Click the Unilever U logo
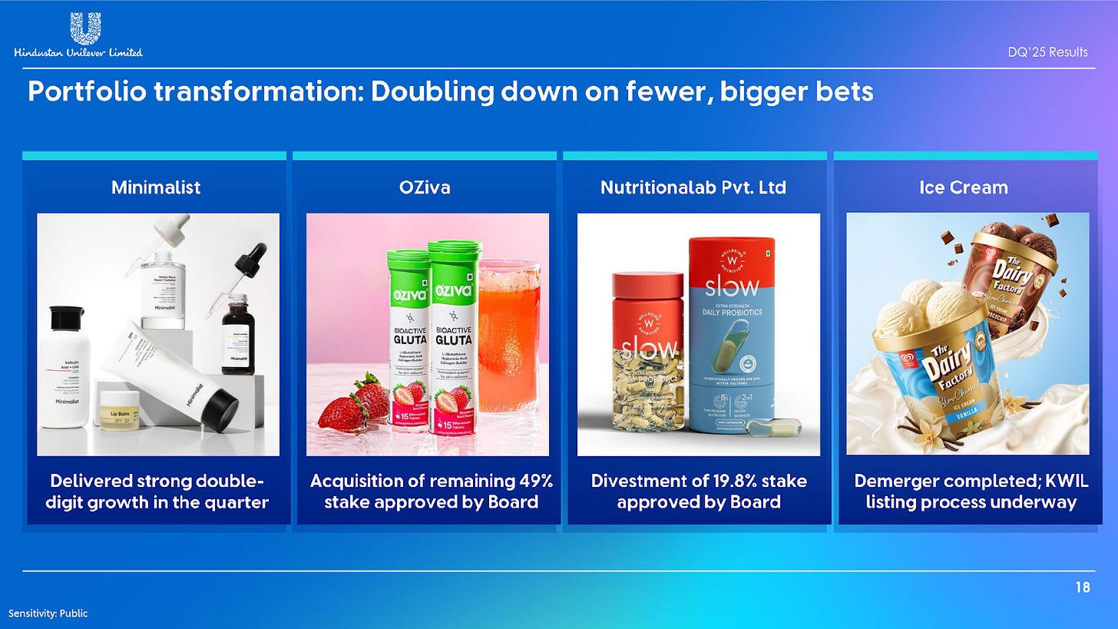pos(84,28)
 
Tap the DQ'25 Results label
pos(1047,52)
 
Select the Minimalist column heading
pos(156,187)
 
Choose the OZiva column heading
pos(425,187)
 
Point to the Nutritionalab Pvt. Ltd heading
pos(693,187)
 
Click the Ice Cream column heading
pos(963,187)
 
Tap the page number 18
pos(1082,588)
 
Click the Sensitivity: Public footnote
pos(48,614)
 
